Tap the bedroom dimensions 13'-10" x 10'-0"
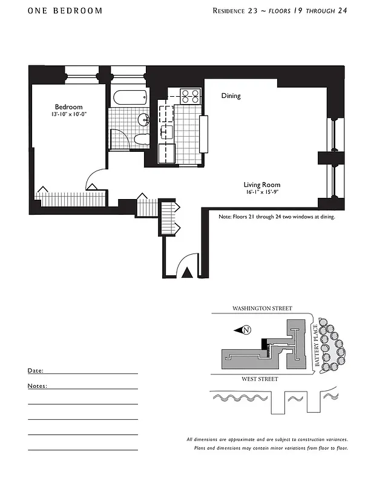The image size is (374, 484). click(69, 115)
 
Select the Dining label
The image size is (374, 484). click(231, 96)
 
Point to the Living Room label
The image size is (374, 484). click(262, 185)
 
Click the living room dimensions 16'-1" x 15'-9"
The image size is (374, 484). click(263, 193)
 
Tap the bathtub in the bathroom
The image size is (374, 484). click(130, 97)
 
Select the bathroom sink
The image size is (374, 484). click(143, 119)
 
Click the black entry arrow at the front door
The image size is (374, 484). click(188, 273)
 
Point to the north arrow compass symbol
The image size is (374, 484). click(244, 330)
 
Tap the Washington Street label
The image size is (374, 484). click(262, 309)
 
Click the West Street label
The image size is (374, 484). click(260, 379)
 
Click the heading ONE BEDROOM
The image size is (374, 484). click(65, 11)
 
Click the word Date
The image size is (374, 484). click(35, 370)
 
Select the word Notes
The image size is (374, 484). click(38, 385)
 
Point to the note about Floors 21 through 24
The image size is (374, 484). click(277, 216)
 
